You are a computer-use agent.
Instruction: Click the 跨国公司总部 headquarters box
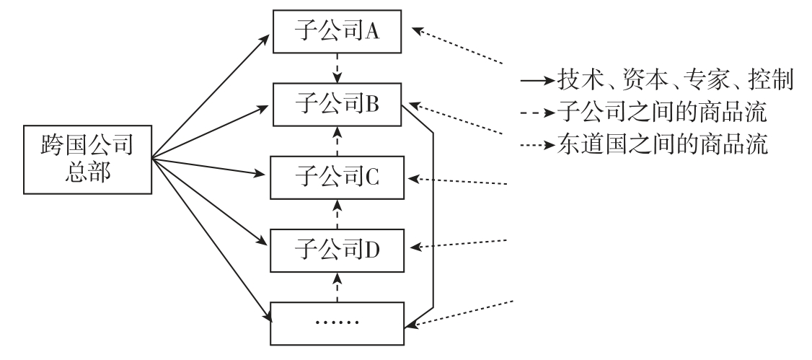[87, 161]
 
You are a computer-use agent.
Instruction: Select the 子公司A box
[338, 32]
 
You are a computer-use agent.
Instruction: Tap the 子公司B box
[338, 104]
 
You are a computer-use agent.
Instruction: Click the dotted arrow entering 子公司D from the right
[462, 243]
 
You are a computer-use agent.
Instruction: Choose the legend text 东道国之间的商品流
[662, 144]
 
